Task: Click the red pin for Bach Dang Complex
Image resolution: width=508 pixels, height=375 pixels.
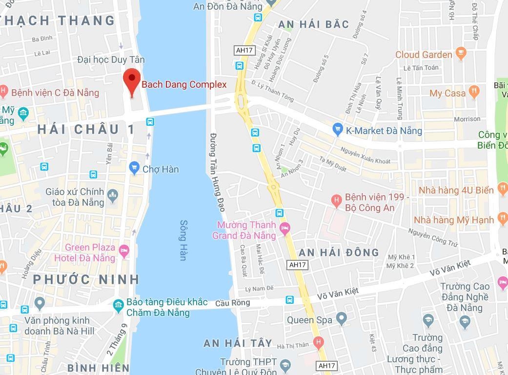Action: [131, 79]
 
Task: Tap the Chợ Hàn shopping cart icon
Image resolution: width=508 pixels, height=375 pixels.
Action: [134, 169]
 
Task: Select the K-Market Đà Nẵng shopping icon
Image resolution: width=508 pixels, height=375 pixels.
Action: [337, 130]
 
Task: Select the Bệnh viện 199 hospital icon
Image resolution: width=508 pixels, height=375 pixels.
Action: [336, 199]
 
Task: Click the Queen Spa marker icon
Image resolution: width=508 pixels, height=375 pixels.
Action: [342, 319]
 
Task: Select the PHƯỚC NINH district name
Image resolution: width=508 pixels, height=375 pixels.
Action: [86, 279]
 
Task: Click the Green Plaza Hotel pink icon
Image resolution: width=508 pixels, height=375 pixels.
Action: [124, 252]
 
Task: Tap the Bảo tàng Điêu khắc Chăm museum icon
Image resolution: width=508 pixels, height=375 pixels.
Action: [118, 306]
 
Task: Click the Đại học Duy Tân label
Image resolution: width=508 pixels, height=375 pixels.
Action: [111, 59]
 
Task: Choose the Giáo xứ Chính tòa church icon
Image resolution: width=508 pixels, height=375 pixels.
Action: [113, 196]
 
